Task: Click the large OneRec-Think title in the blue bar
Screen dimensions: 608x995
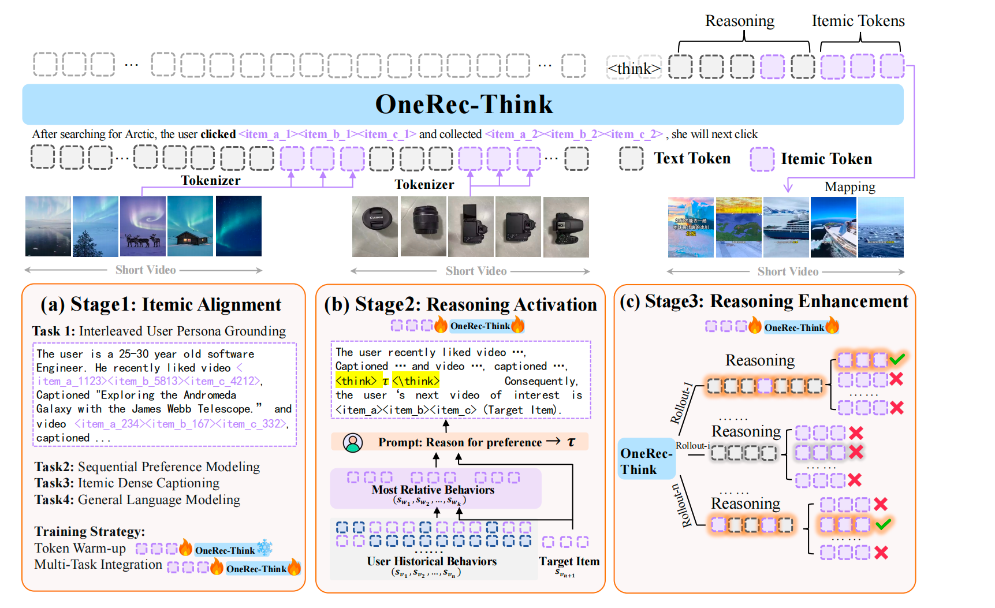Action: click(464, 105)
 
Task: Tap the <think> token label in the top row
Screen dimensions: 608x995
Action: click(634, 69)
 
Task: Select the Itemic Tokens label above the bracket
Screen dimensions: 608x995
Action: click(858, 21)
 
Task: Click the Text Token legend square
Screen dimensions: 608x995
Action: click(631, 158)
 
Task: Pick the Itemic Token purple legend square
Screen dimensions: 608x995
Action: click(762, 159)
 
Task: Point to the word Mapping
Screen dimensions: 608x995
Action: click(849, 186)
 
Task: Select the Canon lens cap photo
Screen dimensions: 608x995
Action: click(375, 226)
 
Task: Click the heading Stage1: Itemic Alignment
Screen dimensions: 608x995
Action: click(161, 305)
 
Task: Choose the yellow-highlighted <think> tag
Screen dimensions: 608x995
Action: click(356, 381)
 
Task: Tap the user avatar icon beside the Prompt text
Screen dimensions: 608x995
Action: click(353, 442)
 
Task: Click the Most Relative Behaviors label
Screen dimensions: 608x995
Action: click(433, 490)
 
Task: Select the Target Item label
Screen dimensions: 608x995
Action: click(569, 561)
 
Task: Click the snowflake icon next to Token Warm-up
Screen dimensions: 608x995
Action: click(264, 547)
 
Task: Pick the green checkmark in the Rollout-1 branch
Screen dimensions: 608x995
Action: click(897, 359)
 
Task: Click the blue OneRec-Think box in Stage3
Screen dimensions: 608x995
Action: click(646, 461)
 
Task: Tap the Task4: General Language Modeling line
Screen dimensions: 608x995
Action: click(137, 500)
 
